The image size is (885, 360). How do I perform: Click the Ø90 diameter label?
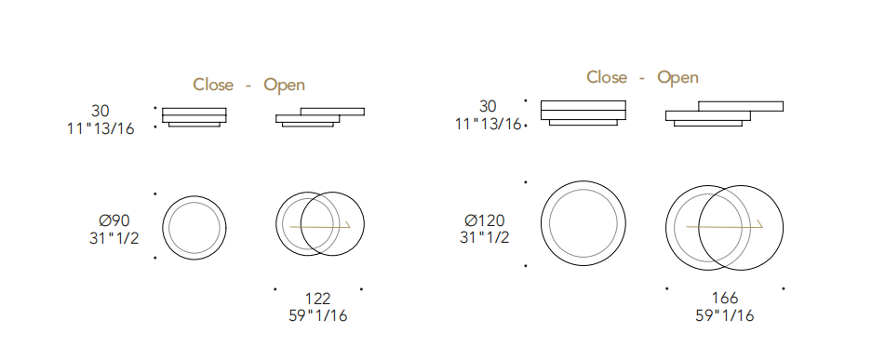pyautogui.click(x=114, y=220)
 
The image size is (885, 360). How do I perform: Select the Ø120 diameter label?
pyautogui.click(x=484, y=220)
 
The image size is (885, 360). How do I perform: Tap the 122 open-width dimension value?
pyautogui.click(x=317, y=298)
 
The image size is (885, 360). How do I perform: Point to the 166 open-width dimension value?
pyautogui.click(x=725, y=298)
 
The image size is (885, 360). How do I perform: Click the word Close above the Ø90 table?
pyautogui.click(x=213, y=85)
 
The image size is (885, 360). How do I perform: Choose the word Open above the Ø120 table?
pyautogui.click(x=677, y=77)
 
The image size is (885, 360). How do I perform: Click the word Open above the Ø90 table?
pyautogui.click(x=285, y=86)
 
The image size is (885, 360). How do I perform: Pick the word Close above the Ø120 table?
pyautogui.click(x=607, y=76)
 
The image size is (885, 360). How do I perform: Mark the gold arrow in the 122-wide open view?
pyautogui.click(x=320, y=227)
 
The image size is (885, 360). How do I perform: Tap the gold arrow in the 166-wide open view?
pyautogui.click(x=724, y=227)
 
